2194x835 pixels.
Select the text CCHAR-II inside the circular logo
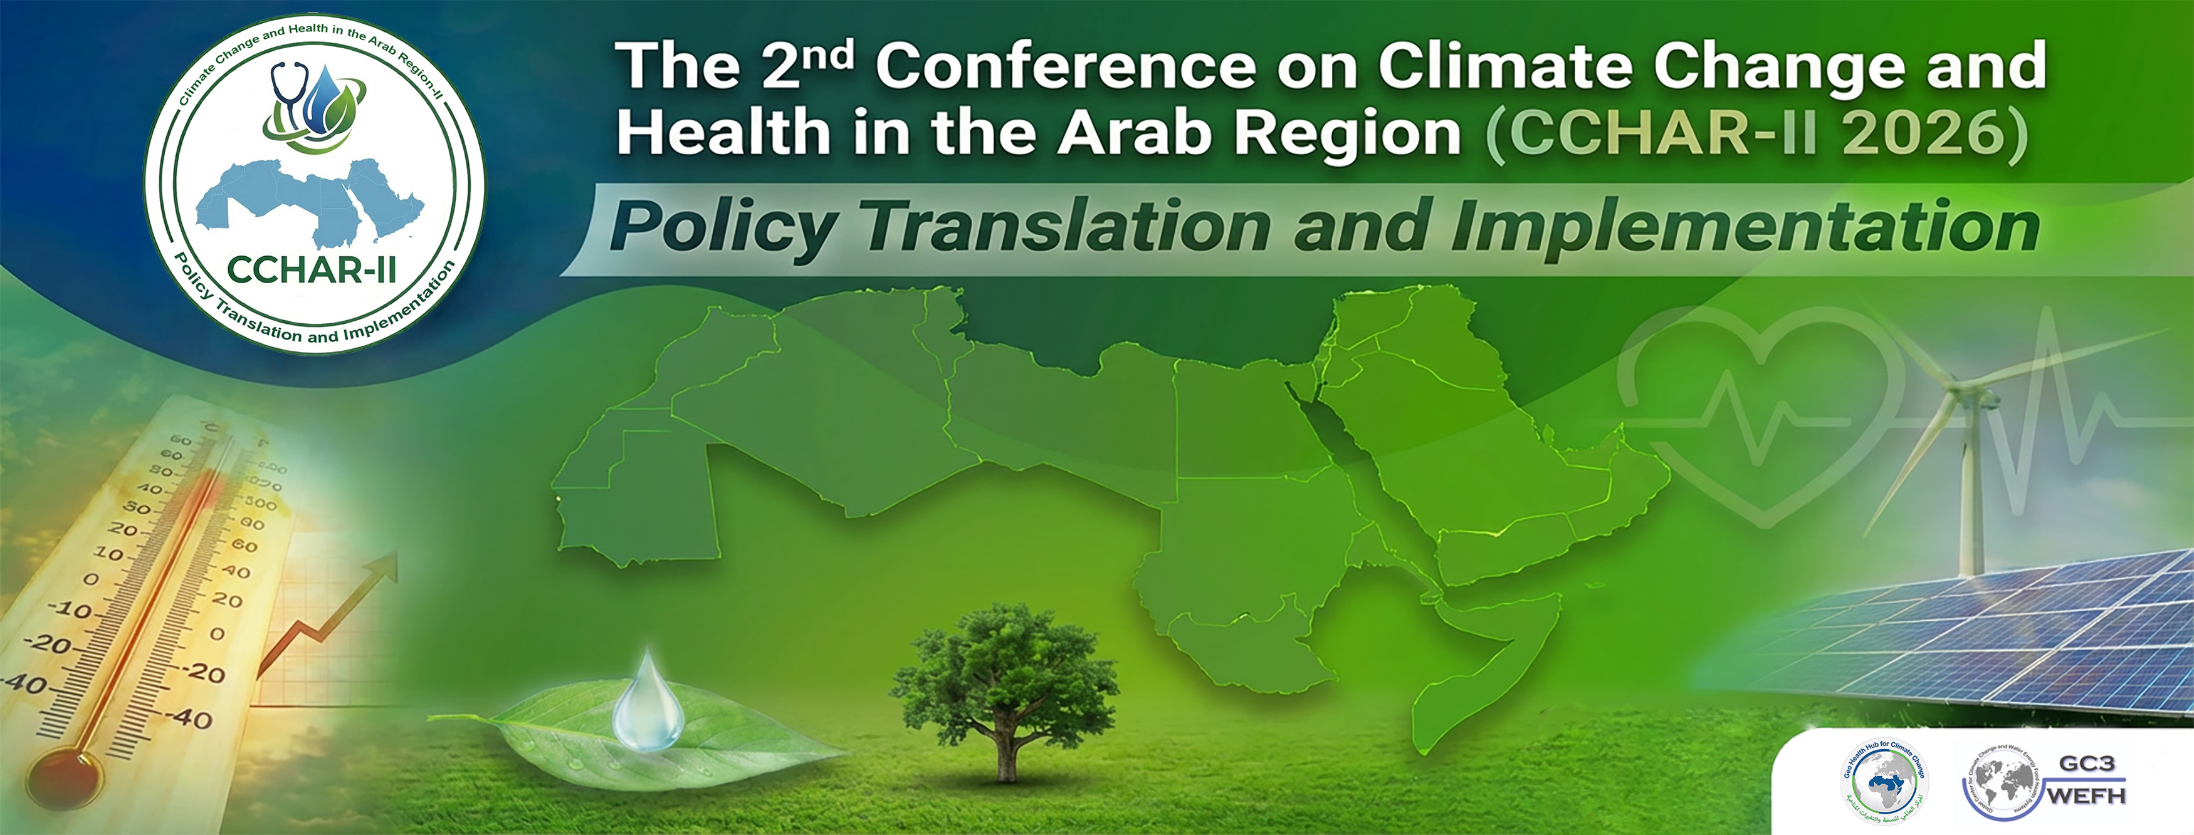click(x=313, y=271)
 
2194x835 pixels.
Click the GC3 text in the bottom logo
click(x=2087, y=763)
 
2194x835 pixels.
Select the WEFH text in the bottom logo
click(x=2087, y=796)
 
